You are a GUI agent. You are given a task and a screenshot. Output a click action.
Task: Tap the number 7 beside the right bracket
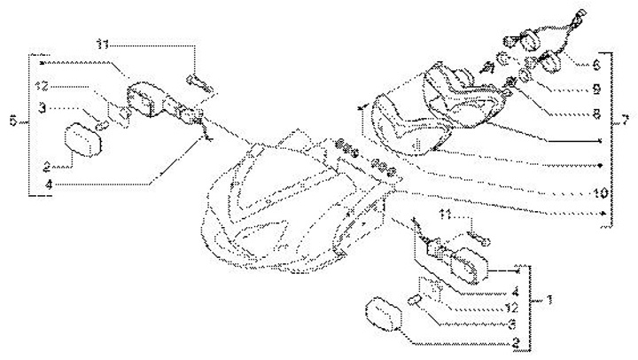tap(626, 119)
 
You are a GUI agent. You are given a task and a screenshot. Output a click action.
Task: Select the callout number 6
tap(595, 65)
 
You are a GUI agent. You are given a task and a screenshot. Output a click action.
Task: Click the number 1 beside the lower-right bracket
tap(549, 301)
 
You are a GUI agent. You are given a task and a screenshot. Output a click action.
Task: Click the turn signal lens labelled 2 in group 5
tap(82, 142)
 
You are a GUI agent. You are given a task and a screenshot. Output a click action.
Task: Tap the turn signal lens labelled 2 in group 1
tap(381, 316)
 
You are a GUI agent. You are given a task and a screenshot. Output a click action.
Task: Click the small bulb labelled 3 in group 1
tap(415, 303)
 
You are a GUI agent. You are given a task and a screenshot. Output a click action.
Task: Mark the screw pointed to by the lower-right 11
tap(483, 238)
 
